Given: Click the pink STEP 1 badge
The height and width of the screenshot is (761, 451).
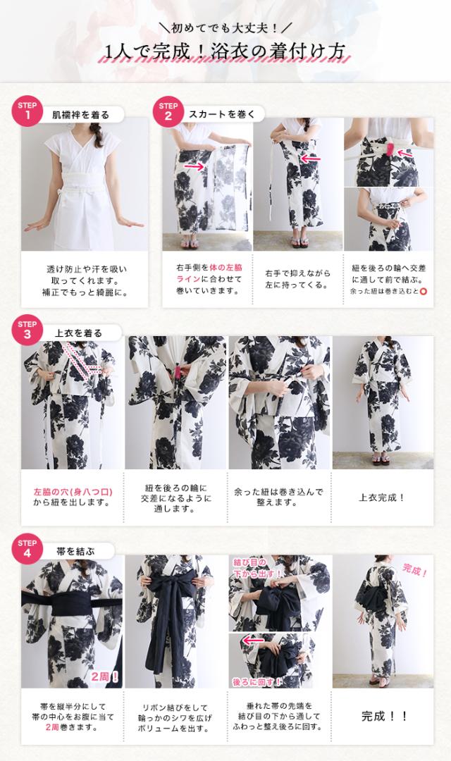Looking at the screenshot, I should [x=27, y=111].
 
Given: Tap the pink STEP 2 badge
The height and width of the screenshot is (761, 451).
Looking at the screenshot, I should [x=168, y=111].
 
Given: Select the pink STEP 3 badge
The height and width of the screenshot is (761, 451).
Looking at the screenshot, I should [x=27, y=330].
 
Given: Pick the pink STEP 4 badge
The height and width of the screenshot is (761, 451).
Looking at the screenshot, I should [x=27, y=547].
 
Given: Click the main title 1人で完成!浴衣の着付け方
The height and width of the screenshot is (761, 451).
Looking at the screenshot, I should [x=225, y=52].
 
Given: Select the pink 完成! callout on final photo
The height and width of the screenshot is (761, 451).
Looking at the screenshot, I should [x=416, y=570].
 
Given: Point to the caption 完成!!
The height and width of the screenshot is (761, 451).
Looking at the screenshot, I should [x=384, y=716].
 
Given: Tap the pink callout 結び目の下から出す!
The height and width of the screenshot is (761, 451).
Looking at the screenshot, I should [x=257, y=567].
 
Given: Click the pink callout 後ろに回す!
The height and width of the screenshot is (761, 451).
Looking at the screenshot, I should [x=257, y=681].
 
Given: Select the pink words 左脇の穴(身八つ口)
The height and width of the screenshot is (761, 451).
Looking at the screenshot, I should [x=73, y=490].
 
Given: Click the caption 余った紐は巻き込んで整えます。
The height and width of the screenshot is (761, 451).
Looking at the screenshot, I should [x=279, y=497].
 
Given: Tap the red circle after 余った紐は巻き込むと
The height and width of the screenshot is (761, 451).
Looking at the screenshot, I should [x=423, y=290].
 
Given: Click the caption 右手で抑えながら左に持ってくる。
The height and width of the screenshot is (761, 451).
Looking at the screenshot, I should [x=297, y=279].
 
